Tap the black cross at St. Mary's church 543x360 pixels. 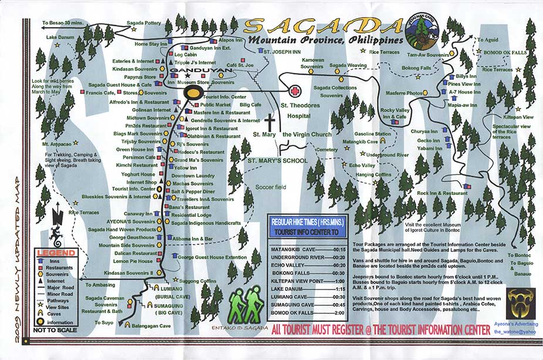(x=270, y=125)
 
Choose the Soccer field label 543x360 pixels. (x=269, y=187)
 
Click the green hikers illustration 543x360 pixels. (x=246, y=305)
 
